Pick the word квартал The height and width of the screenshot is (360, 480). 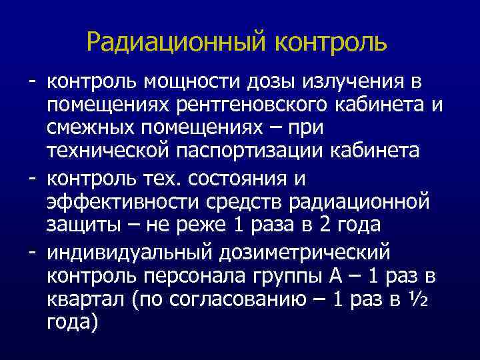click(x=86, y=300)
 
